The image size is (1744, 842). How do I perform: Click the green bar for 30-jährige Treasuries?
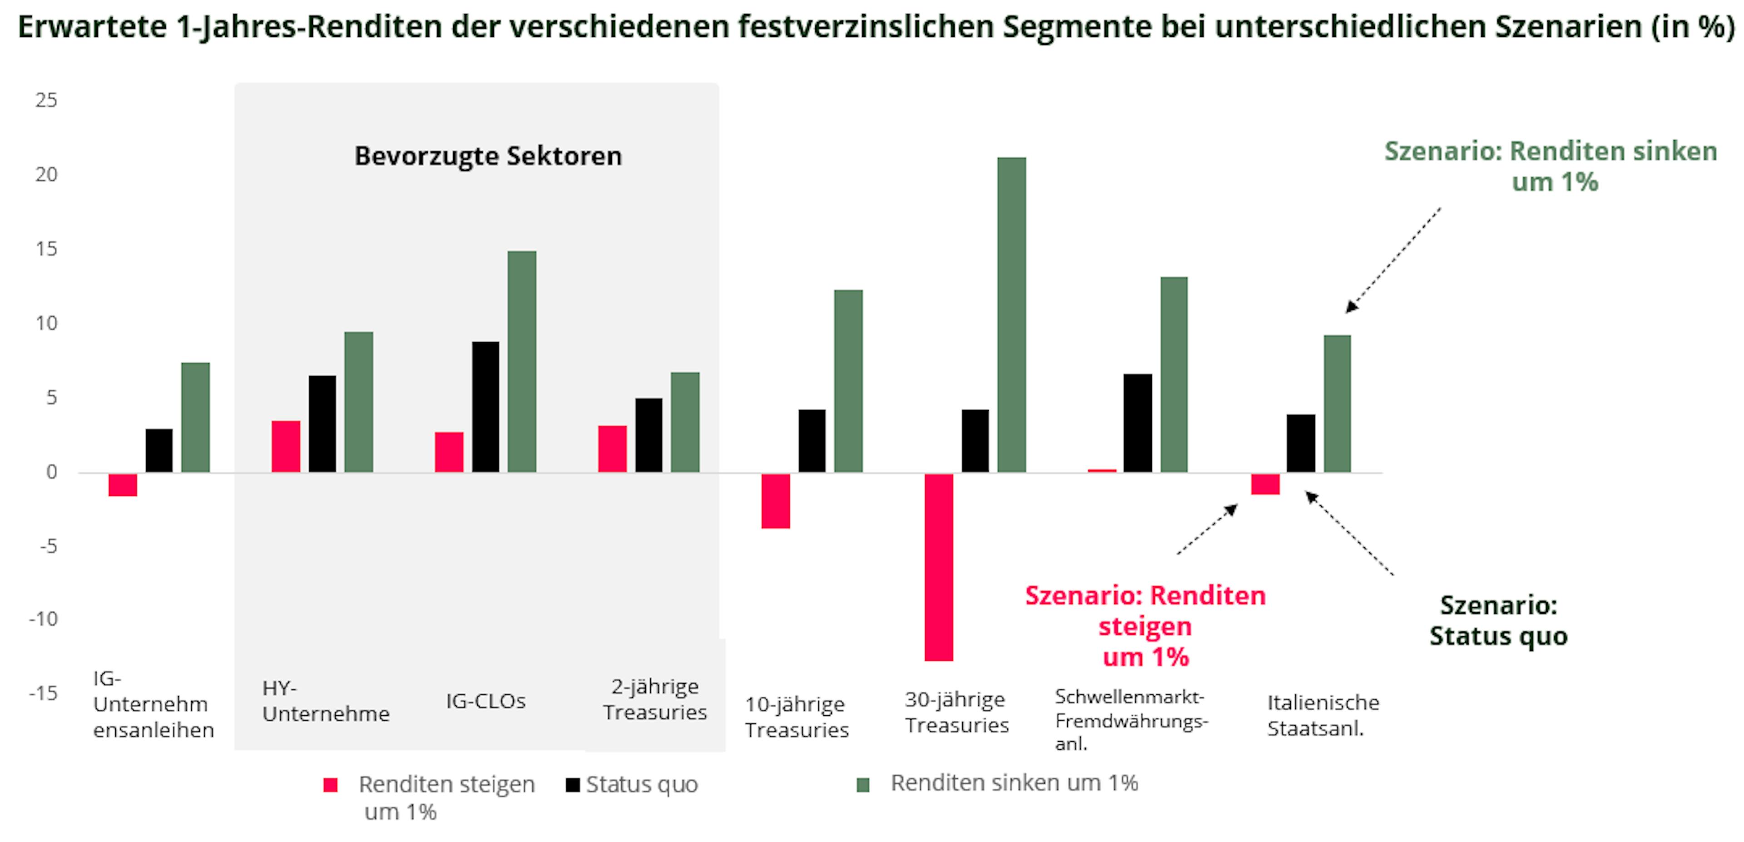tap(1011, 315)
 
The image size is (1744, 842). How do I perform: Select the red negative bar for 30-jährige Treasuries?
tap(939, 567)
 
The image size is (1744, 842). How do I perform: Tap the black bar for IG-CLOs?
tap(486, 407)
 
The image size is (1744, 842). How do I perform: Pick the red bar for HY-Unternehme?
tap(286, 447)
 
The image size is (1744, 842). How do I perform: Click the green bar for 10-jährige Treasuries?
tap(848, 381)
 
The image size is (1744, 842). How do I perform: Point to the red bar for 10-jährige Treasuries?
tap(775, 501)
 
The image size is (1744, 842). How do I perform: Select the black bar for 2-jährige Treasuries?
tap(649, 435)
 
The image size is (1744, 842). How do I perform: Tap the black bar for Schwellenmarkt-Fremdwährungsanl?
tap(1137, 423)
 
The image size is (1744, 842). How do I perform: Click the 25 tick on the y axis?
tap(46, 100)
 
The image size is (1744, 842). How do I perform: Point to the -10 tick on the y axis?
tap(43, 619)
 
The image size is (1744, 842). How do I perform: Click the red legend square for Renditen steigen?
tap(330, 785)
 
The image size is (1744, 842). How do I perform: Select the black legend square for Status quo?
tap(573, 784)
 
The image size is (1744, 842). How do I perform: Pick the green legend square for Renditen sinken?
tap(862, 784)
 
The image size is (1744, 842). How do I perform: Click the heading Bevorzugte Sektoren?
tap(488, 156)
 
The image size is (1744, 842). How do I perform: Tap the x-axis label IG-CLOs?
tap(486, 701)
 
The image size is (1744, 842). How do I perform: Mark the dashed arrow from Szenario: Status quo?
tap(1349, 533)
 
